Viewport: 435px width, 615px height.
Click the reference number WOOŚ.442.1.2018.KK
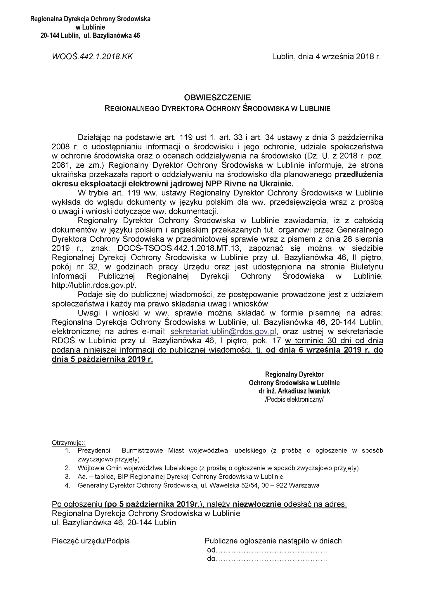[x=92, y=57]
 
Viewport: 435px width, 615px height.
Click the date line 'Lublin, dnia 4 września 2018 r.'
[x=326, y=57]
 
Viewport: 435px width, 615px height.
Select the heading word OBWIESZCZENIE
[x=217, y=97]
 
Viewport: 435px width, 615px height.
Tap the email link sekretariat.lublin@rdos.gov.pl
[x=223, y=332]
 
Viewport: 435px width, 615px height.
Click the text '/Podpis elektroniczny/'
[x=294, y=399]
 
